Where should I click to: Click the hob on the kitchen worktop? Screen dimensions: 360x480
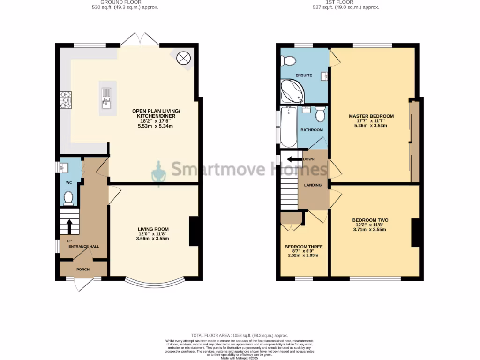click(65, 100)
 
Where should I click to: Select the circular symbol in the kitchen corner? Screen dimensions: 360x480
click(183, 58)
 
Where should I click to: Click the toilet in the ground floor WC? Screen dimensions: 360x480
click(68, 198)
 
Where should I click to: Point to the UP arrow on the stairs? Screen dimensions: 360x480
click(69, 226)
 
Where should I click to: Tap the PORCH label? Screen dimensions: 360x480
click(83, 269)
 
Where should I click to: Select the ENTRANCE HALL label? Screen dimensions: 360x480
click(84, 246)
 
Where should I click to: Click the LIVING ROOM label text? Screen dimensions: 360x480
click(150, 228)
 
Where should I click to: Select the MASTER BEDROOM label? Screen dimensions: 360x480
click(371, 116)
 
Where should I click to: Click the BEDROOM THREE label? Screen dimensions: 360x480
click(303, 246)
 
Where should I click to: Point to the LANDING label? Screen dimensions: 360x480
click(313, 185)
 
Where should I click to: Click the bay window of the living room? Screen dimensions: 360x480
click(155, 283)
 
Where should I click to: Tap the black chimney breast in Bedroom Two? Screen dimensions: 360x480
click(414, 232)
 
